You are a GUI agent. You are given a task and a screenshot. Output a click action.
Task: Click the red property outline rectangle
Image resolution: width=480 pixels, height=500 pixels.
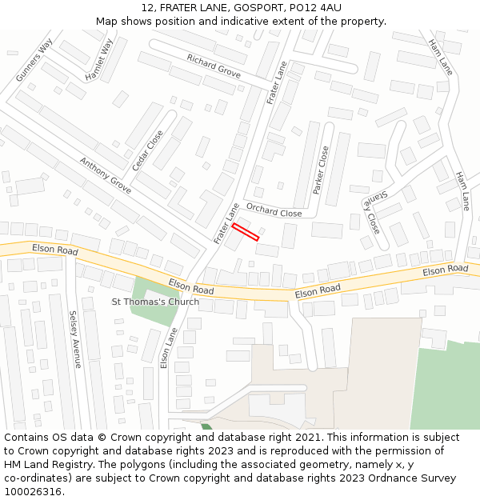click(x=246, y=231)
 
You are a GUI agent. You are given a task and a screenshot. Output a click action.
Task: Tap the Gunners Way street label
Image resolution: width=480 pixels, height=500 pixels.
click(x=34, y=59)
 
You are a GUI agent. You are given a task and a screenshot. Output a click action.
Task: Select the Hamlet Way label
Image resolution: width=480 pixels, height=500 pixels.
click(x=100, y=59)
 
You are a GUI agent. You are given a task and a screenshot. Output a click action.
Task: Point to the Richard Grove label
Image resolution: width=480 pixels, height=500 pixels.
click(x=214, y=66)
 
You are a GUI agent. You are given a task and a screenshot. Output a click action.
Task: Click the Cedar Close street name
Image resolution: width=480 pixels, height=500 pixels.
click(x=147, y=150)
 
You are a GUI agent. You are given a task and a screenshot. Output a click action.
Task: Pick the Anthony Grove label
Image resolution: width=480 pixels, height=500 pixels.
click(x=105, y=175)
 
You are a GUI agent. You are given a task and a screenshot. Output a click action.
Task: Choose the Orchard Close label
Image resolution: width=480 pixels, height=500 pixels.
click(x=274, y=210)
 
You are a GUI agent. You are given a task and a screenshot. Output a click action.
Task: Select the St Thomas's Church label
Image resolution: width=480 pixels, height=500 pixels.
click(x=155, y=302)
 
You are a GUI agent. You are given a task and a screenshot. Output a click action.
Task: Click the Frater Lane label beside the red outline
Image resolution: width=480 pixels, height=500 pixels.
click(x=227, y=223)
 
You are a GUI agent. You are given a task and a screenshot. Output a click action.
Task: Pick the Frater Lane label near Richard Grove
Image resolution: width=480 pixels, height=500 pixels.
click(x=277, y=82)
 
